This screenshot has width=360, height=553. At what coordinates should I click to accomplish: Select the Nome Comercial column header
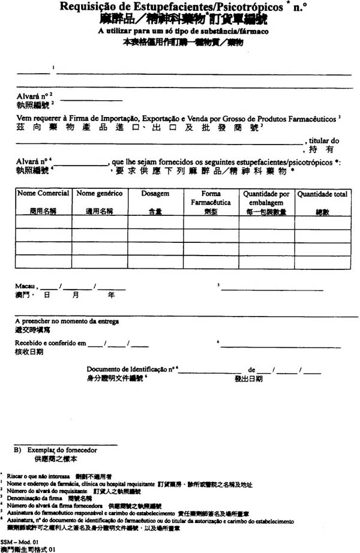pyautogui.click(x=43, y=194)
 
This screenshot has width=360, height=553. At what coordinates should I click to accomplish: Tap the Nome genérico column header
pyautogui.click(x=100, y=194)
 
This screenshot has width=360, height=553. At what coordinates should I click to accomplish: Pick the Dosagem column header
pyautogui.click(x=155, y=194)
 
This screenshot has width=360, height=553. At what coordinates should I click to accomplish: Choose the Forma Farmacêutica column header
pyautogui.click(x=211, y=198)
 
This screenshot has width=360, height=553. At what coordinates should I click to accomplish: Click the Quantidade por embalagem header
pyautogui.click(x=266, y=198)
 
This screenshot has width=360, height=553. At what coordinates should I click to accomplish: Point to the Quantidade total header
pyautogui.click(x=322, y=194)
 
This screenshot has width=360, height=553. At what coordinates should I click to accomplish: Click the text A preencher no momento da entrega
pyautogui.click(x=67, y=322)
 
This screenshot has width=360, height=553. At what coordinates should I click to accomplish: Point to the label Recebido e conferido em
pyautogui.click(x=51, y=343)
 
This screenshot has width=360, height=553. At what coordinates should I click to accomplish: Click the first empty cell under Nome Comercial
pyautogui.click(x=43, y=221)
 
